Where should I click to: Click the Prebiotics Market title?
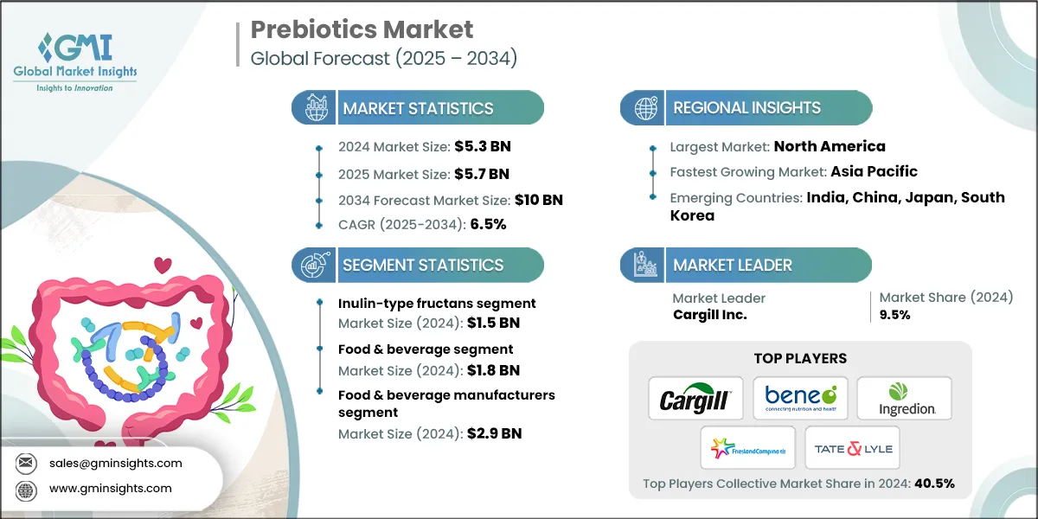tap(362, 30)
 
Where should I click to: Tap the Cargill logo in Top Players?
tap(696, 399)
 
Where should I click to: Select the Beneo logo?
tap(800, 399)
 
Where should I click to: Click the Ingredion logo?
tap(904, 399)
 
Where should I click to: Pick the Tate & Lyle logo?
tap(852, 448)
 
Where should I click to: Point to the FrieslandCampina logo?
tap(747, 448)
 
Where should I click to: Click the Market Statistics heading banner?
tap(418, 108)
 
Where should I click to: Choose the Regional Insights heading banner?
tap(746, 108)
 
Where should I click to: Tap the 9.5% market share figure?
tap(894, 315)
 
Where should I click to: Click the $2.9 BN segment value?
tap(494, 433)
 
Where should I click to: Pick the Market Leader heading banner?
tap(732, 265)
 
